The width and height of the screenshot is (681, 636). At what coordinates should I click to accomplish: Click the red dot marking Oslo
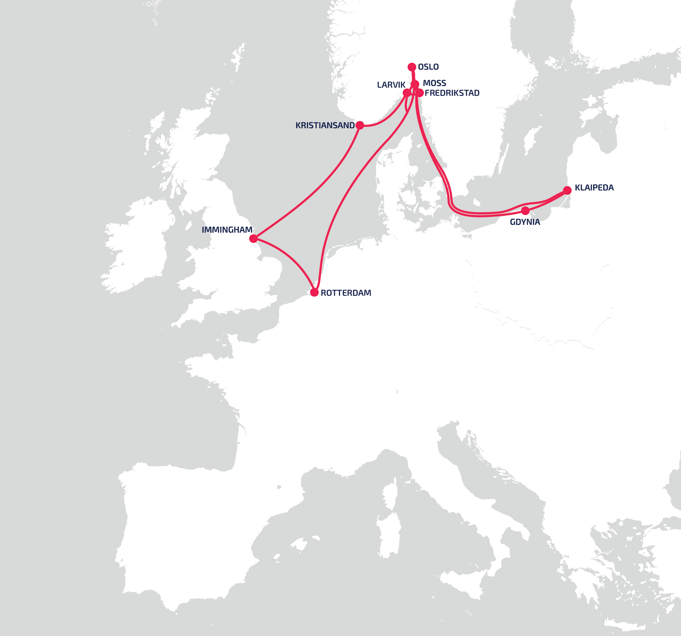click(412, 67)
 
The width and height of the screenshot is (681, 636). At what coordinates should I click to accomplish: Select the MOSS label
click(434, 83)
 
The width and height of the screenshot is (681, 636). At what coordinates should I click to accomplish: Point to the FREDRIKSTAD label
click(452, 93)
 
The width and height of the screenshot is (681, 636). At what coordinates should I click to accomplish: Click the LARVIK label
click(391, 85)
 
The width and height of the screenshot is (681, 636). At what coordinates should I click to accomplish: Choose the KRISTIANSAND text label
click(325, 126)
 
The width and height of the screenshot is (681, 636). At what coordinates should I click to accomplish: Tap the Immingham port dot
click(253, 239)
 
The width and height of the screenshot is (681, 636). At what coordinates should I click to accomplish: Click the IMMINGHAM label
click(227, 230)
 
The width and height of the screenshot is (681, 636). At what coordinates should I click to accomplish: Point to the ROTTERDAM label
click(346, 293)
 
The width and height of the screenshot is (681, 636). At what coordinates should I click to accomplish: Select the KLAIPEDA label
click(594, 188)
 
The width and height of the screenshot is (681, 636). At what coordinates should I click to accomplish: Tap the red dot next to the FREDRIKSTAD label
click(420, 93)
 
